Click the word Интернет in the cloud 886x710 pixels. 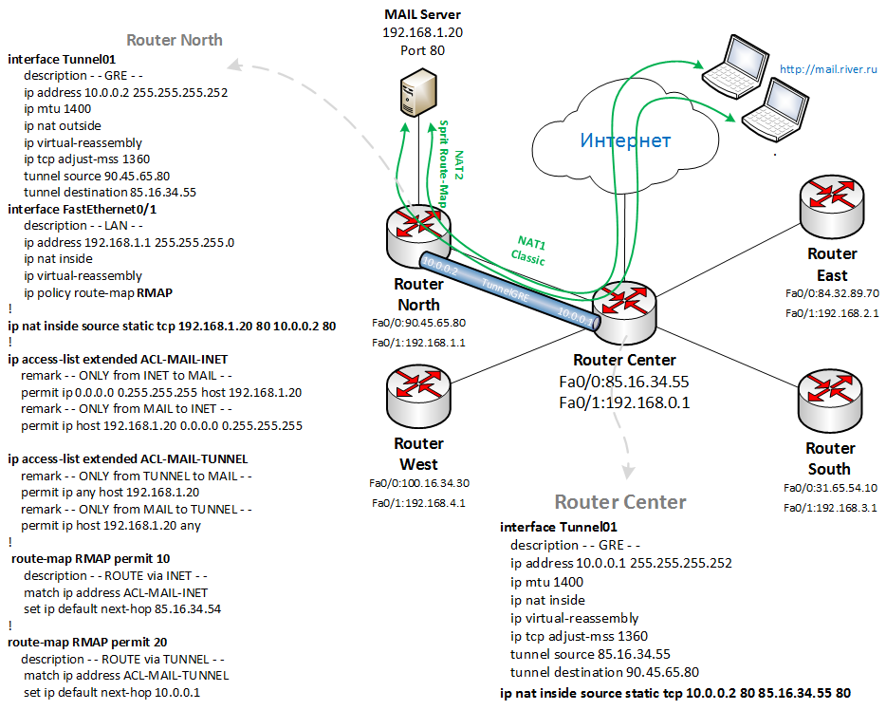pos(625,140)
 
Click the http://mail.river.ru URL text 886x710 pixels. pos(828,69)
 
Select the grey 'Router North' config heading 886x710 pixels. pos(175,40)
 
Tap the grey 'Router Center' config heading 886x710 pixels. pos(620,501)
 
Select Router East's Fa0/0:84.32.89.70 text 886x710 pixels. pos(832,293)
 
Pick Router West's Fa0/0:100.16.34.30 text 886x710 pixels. pos(418,483)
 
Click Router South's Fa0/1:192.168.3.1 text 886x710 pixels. pos(831,508)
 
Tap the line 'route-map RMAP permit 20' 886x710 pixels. pos(88,642)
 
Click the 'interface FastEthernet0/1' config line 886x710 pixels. pos(83,209)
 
